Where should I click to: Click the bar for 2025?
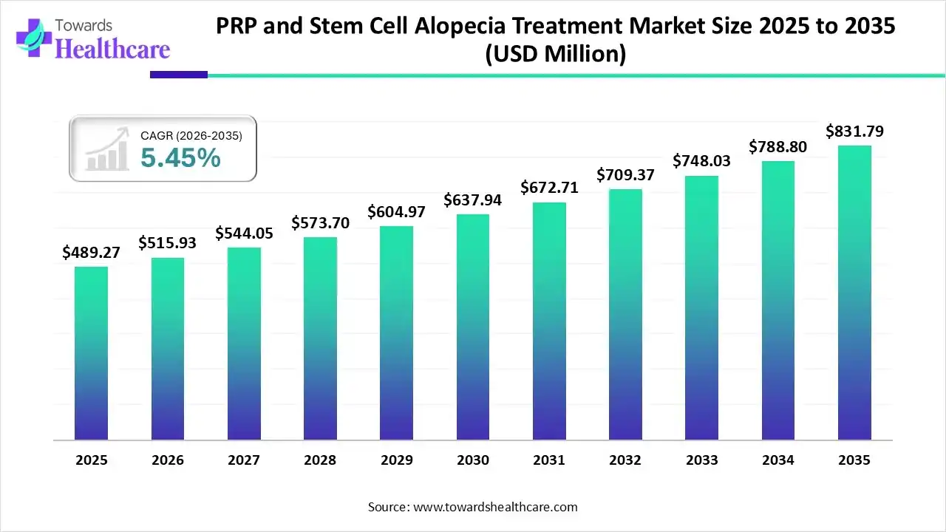(91, 353)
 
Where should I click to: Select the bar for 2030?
(473, 327)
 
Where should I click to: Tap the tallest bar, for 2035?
(854, 293)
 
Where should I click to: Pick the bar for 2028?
(320, 338)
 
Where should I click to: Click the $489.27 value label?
(91, 253)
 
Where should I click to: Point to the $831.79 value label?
(854, 132)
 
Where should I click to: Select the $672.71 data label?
(549, 188)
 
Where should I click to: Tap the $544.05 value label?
(244, 233)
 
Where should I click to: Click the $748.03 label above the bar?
(702, 160)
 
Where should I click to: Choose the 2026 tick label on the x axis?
(168, 460)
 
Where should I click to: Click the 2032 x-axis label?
(625, 460)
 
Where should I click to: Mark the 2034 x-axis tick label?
(778, 460)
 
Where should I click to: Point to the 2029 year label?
(397, 460)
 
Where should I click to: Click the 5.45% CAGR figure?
(180, 157)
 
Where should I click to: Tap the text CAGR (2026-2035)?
(191, 135)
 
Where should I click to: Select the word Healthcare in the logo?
(113, 49)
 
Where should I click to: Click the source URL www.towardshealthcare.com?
(494, 507)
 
